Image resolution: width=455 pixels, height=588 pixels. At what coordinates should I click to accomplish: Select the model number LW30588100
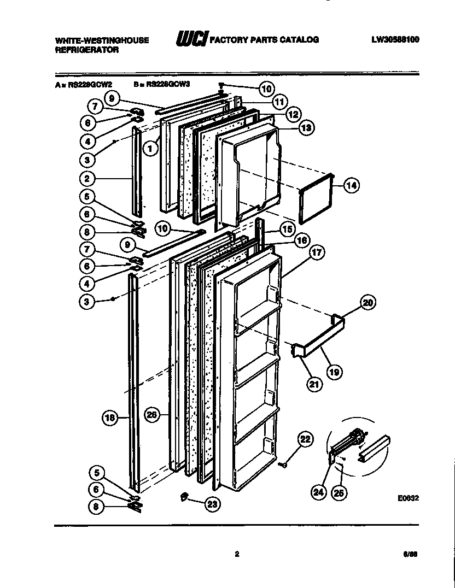pos(395,39)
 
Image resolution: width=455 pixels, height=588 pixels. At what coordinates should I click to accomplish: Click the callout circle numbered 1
pos(148,146)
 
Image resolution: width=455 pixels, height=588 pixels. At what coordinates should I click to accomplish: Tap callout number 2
pos(87,178)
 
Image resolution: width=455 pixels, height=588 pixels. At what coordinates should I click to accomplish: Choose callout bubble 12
pos(293,114)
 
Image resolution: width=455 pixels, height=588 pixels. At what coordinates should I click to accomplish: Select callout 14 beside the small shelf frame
pos(352,185)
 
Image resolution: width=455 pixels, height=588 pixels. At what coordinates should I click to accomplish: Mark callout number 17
pos(316,253)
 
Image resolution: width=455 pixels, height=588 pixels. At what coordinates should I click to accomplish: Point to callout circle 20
pos(368,302)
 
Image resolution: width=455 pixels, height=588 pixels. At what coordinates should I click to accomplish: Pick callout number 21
pos(314,384)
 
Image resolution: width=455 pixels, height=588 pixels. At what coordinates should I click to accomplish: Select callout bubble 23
pos(212,505)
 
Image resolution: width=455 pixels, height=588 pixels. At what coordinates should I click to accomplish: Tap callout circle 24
pos(317,492)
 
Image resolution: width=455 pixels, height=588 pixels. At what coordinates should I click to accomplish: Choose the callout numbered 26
pos(152,415)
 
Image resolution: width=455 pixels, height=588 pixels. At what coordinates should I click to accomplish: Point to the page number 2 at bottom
pos(237,554)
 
